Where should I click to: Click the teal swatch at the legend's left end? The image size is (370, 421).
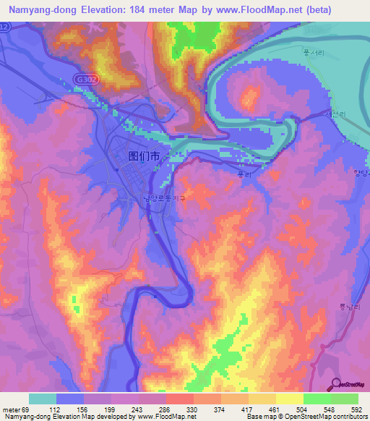(x=43, y=399)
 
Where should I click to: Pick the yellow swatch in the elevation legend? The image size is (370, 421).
(x=290, y=399)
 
